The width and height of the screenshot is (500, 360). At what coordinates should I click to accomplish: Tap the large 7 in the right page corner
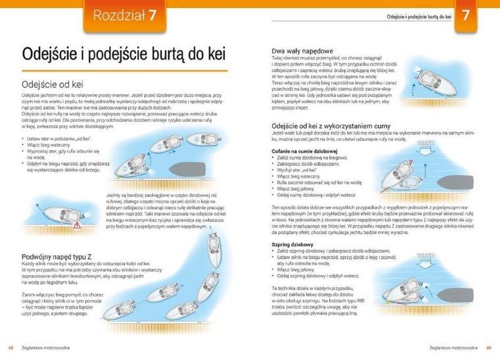point(466,14)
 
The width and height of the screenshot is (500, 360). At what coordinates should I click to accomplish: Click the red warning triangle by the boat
point(78,224)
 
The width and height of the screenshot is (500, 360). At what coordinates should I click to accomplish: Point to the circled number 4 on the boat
point(196,139)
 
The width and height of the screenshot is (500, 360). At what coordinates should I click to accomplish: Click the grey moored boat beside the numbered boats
point(205,163)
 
